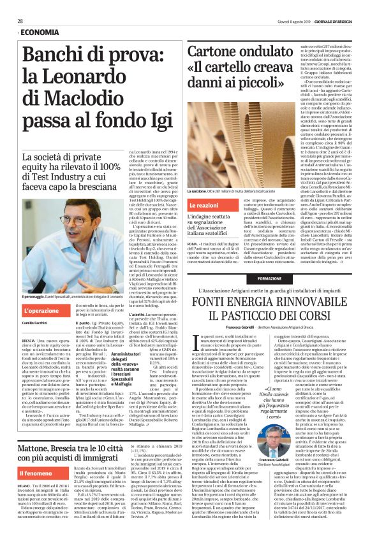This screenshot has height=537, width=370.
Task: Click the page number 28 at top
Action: pos(20,20)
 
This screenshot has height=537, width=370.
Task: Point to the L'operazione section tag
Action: pos(41,310)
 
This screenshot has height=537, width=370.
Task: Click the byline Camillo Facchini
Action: pos(36,324)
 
